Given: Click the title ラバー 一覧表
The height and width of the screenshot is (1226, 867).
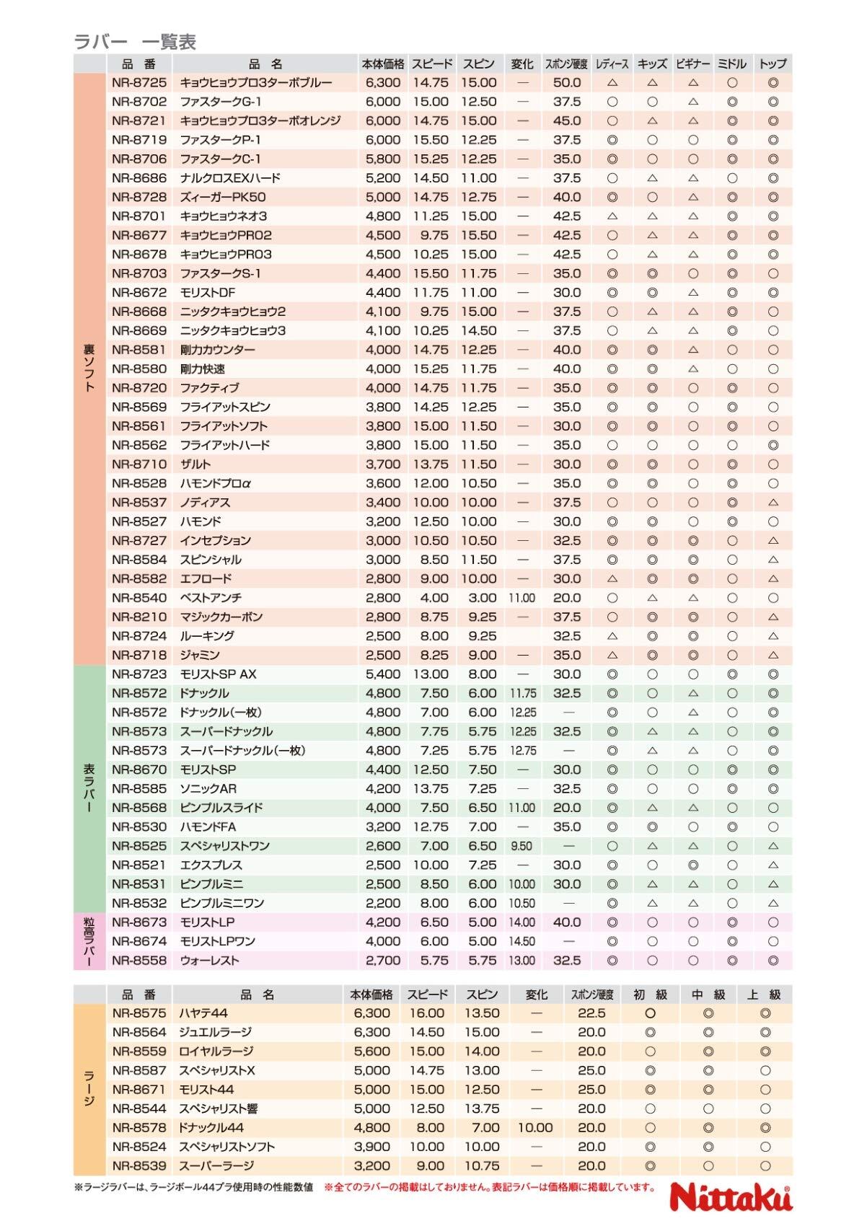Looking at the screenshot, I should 136,42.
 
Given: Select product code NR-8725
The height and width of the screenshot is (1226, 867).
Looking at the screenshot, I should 139,83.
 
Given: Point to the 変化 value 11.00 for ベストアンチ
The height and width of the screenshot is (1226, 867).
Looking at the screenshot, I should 521,598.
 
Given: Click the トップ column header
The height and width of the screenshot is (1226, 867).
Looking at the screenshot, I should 773,64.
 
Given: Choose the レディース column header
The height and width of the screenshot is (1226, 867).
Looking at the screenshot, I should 612,64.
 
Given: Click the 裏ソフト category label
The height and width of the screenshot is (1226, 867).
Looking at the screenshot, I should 89,368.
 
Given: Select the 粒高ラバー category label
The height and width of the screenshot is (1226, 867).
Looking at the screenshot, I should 89,941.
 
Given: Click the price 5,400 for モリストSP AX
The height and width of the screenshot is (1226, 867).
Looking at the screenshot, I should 383,674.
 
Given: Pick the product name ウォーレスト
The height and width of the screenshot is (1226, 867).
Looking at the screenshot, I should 209,961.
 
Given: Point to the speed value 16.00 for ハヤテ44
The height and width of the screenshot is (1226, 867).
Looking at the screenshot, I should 426,1013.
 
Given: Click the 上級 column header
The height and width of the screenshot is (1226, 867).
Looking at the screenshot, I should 765,995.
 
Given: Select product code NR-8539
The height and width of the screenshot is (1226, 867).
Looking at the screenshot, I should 139,1165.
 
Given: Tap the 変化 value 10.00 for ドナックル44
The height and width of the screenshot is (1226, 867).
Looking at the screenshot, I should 535,1127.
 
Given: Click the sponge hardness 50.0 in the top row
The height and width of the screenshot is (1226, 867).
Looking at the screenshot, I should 567,83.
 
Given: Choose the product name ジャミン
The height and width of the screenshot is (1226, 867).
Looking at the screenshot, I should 200,655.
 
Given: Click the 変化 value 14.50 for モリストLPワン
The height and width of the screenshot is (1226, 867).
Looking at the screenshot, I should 521,941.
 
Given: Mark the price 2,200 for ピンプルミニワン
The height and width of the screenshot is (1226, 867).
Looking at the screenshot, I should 383,903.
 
